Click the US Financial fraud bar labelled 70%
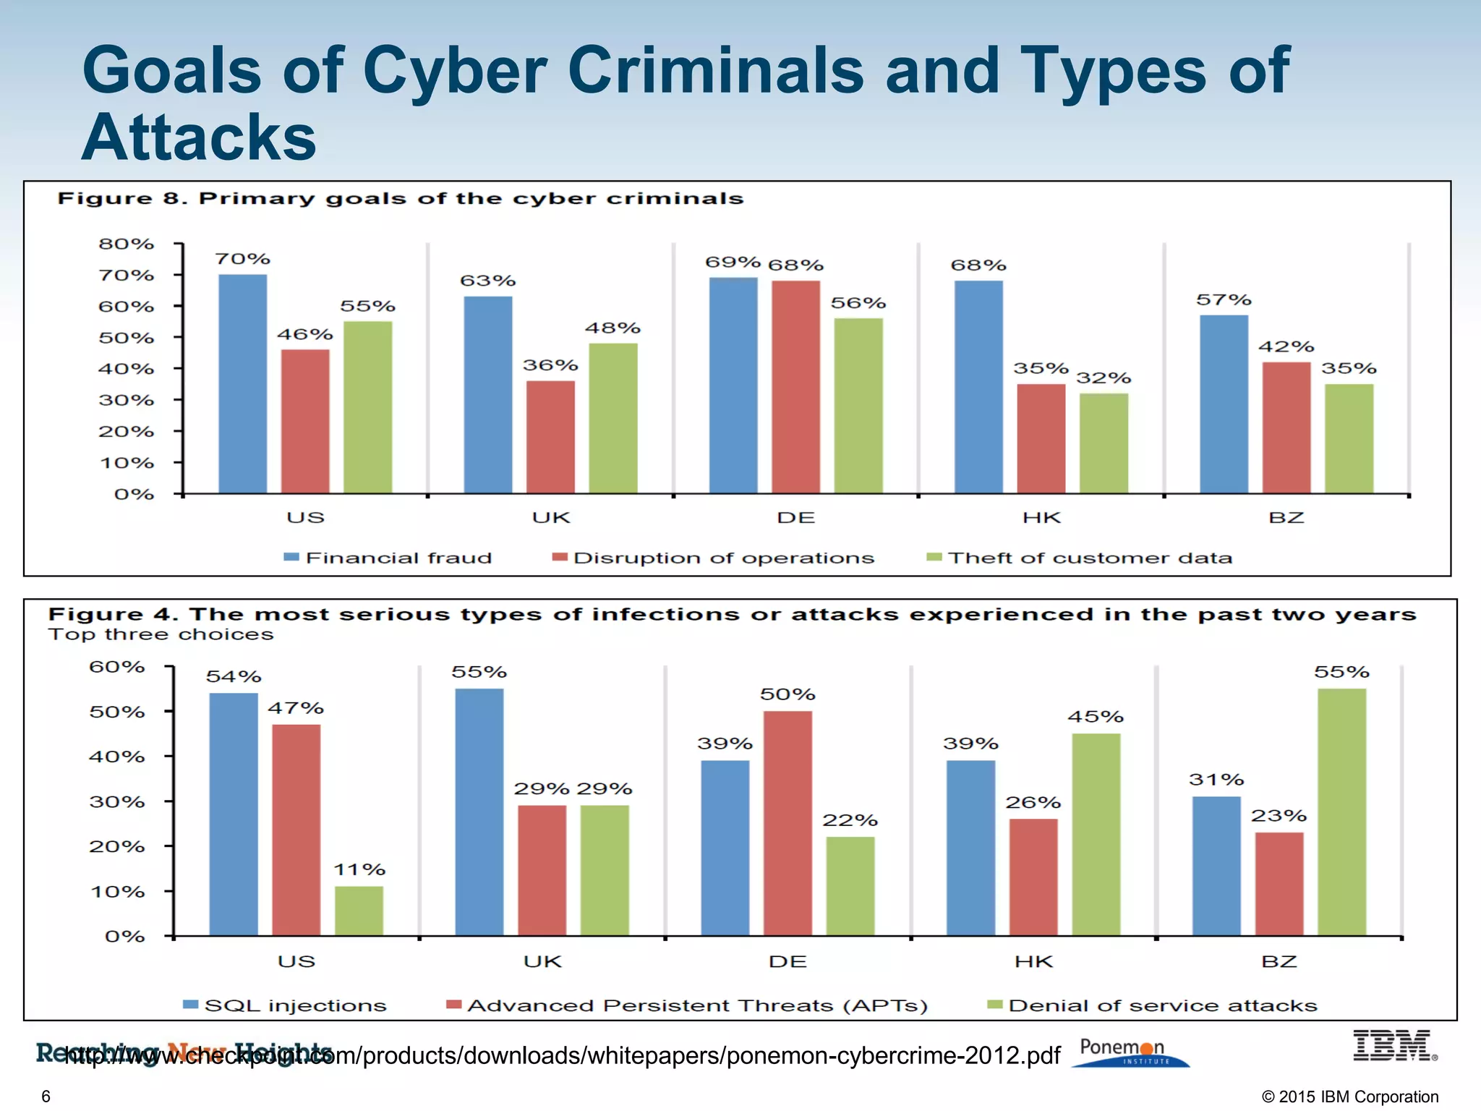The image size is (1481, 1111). tap(242, 383)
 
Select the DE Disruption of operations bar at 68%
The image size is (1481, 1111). tap(795, 387)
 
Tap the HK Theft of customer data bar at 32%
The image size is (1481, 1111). tap(1104, 443)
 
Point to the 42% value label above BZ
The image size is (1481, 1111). tap(1286, 347)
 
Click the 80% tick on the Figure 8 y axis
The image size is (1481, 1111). tap(127, 244)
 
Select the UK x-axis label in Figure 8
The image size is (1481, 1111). tap(551, 518)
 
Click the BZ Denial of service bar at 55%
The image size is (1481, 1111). tap(1341, 812)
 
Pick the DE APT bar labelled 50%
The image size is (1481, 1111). tap(788, 822)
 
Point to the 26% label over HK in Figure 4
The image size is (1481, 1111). tap(1033, 803)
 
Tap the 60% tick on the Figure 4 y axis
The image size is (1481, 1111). tap(117, 667)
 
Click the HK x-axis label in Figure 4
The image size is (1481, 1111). tap(1033, 962)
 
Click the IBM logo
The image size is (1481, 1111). tap(1392, 1046)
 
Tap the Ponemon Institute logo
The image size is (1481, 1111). tap(1128, 1052)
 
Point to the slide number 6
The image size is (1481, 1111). tap(46, 1097)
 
